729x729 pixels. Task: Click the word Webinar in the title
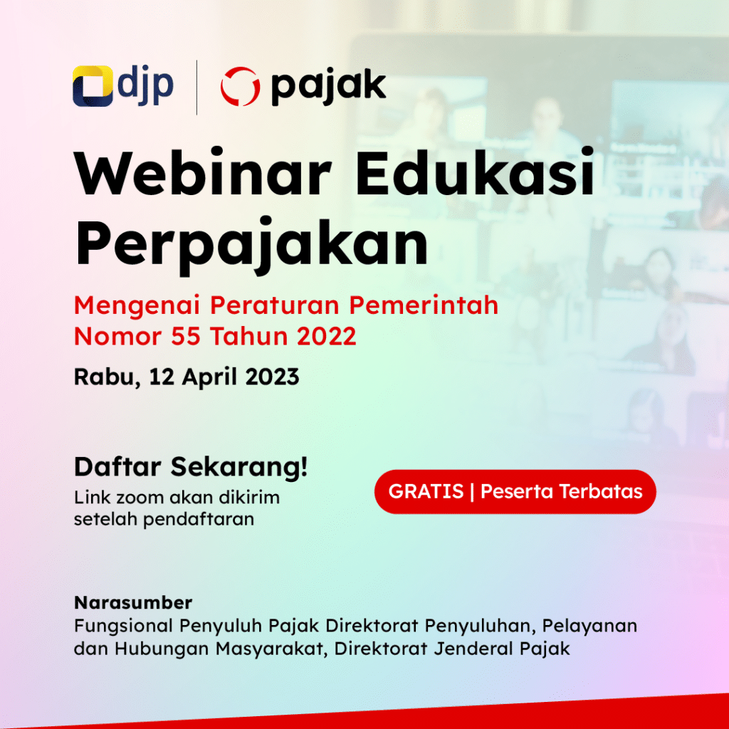tap(203, 174)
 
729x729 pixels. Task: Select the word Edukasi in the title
tap(476, 174)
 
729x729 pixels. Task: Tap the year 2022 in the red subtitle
tap(327, 336)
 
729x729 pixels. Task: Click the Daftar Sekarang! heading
tap(191, 468)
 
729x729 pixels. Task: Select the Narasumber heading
tap(133, 603)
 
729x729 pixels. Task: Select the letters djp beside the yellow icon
tap(145, 86)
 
